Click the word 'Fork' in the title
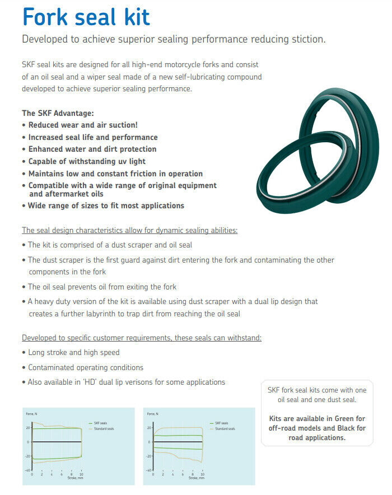(x=46, y=17)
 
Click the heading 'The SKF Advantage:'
(x=58, y=113)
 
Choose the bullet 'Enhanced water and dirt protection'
(x=92, y=149)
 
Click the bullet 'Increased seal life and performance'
(x=93, y=137)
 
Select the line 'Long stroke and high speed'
(x=73, y=352)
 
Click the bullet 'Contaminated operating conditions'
(x=86, y=367)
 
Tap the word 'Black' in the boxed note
(x=343, y=428)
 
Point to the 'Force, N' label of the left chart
(x=31, y=414)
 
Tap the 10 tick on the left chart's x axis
(x=82, y=474)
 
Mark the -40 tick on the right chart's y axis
(x=149, y=470)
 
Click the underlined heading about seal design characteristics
(x=129, y=230)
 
